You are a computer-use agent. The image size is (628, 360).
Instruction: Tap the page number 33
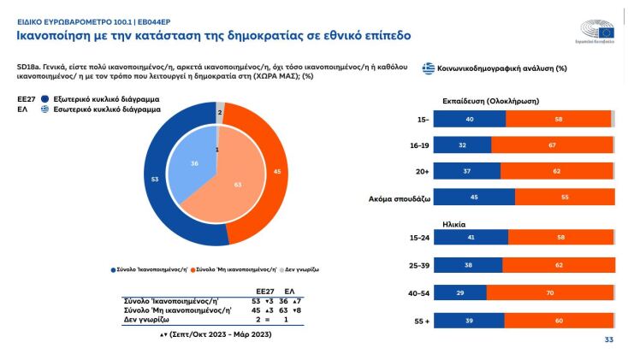tap(610, 340)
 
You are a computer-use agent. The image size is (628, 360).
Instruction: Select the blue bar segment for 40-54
tap(469, 292)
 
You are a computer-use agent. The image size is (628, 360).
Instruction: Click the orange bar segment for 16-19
tap(552, 145)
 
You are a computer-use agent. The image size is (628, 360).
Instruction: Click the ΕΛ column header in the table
tap(289, 292)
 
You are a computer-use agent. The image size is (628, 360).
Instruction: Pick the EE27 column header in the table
tap(264, 292)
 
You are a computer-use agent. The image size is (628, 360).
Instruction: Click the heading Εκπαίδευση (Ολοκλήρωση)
tap(489, 100)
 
